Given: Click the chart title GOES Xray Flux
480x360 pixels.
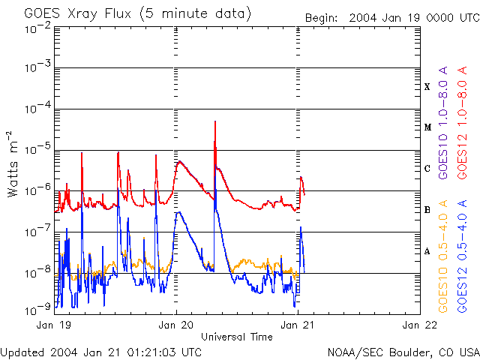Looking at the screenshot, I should (x=137, y=14).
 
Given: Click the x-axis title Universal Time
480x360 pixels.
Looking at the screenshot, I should (x=237, y=337).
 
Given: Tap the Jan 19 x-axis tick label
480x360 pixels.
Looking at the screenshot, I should (x=53, y=325).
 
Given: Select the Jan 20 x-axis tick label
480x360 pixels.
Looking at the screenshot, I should (x=177, y=325).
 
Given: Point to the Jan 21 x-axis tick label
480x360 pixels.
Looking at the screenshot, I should (x=298, y=325).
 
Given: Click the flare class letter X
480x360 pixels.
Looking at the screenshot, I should (x=427, y=87).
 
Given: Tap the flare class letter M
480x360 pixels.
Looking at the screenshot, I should (x=427, y=127).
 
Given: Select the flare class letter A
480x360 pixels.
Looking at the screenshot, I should (x=427, y=251).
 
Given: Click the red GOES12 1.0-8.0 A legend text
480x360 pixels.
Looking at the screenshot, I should (x=463, y=124).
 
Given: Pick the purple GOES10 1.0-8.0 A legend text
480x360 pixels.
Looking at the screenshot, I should (x=443, y=124).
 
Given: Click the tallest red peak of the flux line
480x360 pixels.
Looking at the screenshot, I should (x=215, y=121).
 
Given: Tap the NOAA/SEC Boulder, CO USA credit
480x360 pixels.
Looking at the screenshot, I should (x=403, y=352).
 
